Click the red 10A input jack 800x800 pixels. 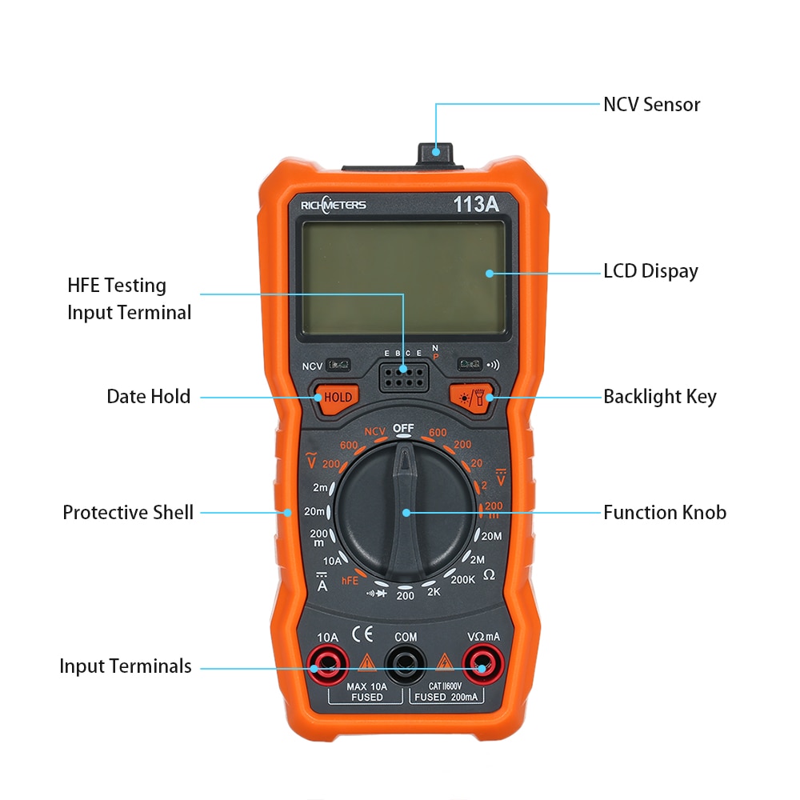coord(328,662)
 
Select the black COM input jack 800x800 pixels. coord(405,662)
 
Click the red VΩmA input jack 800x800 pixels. coord(482,662)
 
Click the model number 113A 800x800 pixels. coord(476,205)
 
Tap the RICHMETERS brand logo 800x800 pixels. coord(333,205)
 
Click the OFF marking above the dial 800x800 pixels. coord(403,429)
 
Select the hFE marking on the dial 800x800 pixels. coord(350,580)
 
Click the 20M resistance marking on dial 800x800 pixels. coord(490,536)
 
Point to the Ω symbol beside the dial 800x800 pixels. coord(489,574)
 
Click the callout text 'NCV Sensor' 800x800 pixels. coord(651,105)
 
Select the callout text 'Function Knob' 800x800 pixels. coord(664,513)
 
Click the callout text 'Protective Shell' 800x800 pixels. coord(128,513)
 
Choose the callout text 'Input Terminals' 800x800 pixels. coord(126,666)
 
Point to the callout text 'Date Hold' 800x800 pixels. coord(149,397)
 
